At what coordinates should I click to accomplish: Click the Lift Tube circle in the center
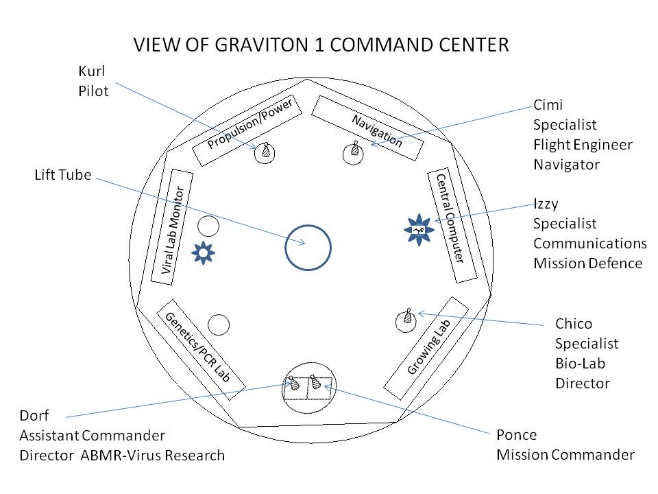[308, 248]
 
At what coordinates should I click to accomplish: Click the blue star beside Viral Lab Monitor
[204, 252]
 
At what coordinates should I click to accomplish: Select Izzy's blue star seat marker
[419, 230]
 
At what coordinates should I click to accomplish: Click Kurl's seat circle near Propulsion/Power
[265, 153]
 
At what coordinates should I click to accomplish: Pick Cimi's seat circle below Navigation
[353, 152]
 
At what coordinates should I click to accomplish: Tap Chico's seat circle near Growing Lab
[406, 319]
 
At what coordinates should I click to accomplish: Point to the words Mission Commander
[565, 454]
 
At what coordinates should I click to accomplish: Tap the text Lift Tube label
[62, 174]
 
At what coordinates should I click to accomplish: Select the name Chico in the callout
[573, 324]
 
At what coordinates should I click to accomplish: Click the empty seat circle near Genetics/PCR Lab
[218, 323]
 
